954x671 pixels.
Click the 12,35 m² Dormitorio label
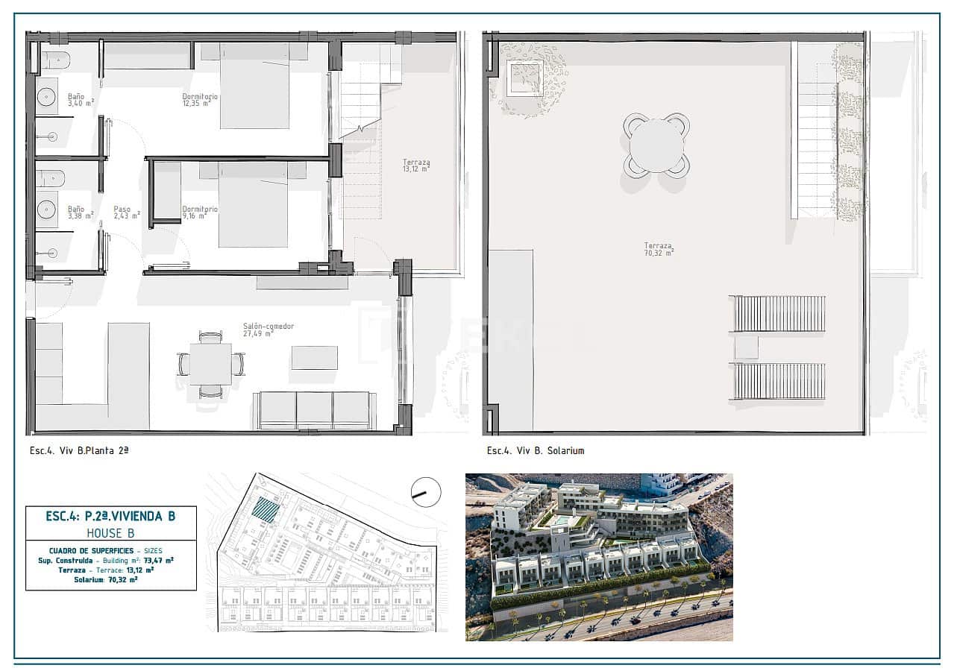tap(200, 100)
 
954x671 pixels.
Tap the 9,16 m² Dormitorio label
tap(200, 212)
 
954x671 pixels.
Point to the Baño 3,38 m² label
tap(80, 212)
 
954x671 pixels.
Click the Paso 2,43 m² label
tap(126, 212)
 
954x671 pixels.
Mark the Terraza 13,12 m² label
tap(416, 166)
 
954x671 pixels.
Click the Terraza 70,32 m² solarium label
tap(659, 249)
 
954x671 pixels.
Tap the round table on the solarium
tap(656, 145)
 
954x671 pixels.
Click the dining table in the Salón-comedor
tap(210, 364)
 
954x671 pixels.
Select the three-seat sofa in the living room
tap(315, 410)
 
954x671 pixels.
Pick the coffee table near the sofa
tap(314, 357)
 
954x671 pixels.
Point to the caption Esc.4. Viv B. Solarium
tap(535, 450)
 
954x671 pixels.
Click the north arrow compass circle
tap(426, 492)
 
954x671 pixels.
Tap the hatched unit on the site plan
tap(266, 511)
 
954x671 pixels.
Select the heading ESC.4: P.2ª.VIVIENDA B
tap(110, 516)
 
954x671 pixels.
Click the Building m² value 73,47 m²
tap(159, 559)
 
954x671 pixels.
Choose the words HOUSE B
tap(110, 532)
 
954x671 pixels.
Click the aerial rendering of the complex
tap(598, 557)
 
